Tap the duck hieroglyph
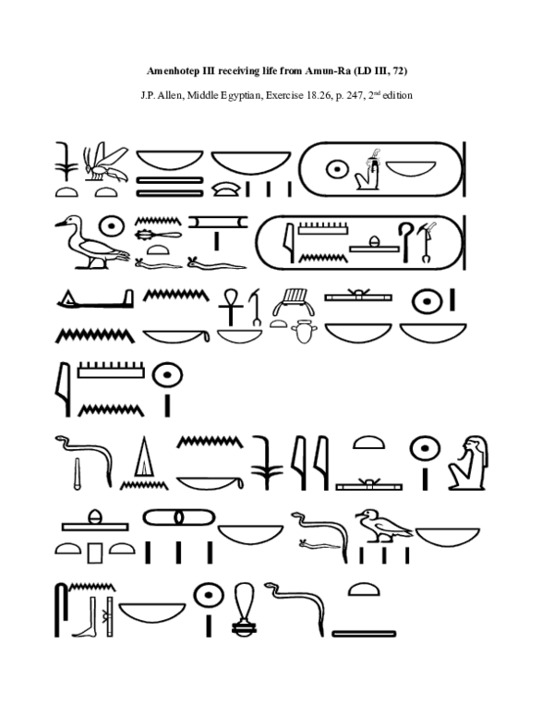82,245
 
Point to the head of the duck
66,223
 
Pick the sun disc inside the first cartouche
337,169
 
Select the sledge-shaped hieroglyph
91,300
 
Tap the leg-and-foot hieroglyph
88,611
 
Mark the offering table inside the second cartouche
373,245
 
